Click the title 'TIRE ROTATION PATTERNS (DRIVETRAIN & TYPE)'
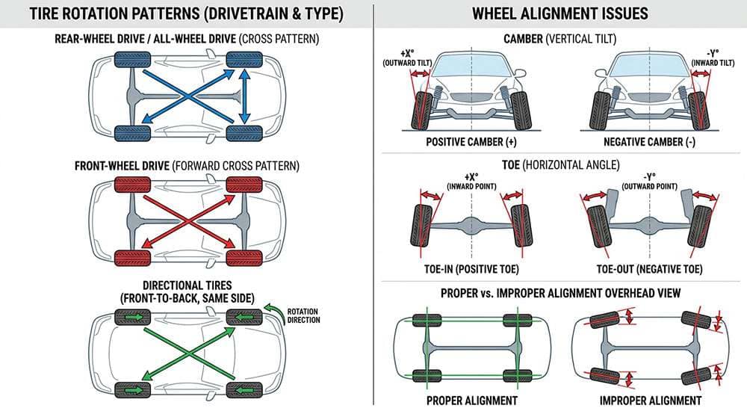[x=184, y=14]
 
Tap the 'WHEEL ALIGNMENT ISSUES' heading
[x=560, y=14]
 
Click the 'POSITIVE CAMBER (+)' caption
[x=471, y=140]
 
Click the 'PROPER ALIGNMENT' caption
[x=471, y=401]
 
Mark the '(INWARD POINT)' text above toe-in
[x=471, y=185]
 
